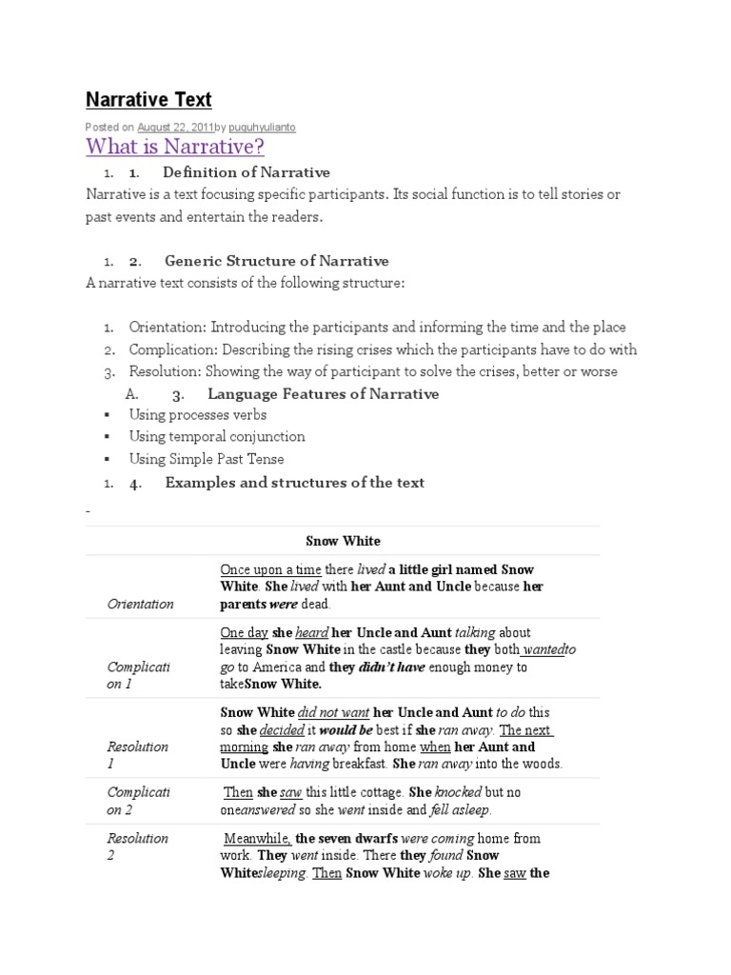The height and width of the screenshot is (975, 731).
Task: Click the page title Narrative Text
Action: (148, 99)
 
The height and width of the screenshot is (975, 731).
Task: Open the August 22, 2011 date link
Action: (174, 127)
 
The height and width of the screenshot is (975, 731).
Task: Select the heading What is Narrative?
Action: (175, 147)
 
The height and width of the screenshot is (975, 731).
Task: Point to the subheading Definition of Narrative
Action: (246, 172)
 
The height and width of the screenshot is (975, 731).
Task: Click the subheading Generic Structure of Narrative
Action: (276, 261)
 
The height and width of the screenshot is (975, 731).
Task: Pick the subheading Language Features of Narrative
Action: (323, 393)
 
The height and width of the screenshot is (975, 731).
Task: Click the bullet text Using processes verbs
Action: (198, 414)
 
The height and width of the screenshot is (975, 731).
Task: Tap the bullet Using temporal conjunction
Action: (217, 436)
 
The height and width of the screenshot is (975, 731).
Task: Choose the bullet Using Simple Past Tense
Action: (207, 459)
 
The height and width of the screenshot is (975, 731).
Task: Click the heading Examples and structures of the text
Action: (294, 482)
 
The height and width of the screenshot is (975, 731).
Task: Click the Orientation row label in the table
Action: (140, 604)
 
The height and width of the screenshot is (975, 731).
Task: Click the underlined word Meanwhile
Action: (257, 839)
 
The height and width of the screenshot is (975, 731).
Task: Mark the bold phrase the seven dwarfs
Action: (346, 839)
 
